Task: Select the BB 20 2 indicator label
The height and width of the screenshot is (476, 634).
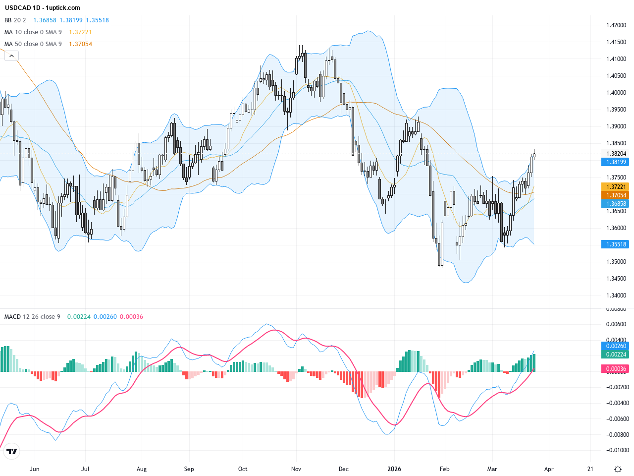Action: tap(15, 20)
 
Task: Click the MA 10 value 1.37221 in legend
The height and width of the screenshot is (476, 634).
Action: tap(80, 32)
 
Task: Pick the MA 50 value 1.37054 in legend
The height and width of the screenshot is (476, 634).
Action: tap(80, 44)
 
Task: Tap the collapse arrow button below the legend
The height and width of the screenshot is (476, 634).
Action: tap(11, 56)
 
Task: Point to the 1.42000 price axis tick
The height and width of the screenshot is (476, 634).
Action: tap(616, 25)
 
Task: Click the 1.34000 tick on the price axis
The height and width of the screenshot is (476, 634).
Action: tap(616, 296)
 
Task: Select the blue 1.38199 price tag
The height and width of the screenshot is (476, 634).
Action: tap(615, 162)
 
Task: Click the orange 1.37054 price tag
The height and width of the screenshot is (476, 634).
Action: tap(615, 195)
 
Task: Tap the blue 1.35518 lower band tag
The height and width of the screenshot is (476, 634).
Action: tap(615, 244)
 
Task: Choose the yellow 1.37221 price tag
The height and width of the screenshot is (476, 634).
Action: tap(615, 187)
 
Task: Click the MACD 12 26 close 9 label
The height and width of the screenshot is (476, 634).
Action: tap(32, 317)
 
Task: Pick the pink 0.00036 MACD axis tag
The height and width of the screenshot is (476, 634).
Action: tap(615, 369)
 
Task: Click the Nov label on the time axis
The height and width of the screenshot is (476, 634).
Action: tap(296, 469)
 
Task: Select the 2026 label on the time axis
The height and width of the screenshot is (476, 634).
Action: tap(394, 469)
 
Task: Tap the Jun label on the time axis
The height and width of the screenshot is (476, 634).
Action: tap(34, 469)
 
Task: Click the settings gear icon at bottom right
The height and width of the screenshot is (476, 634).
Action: tap(618, 469)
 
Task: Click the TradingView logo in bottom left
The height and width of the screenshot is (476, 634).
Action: tap(11, 451)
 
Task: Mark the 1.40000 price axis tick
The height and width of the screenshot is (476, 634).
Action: tap(616, 93)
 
